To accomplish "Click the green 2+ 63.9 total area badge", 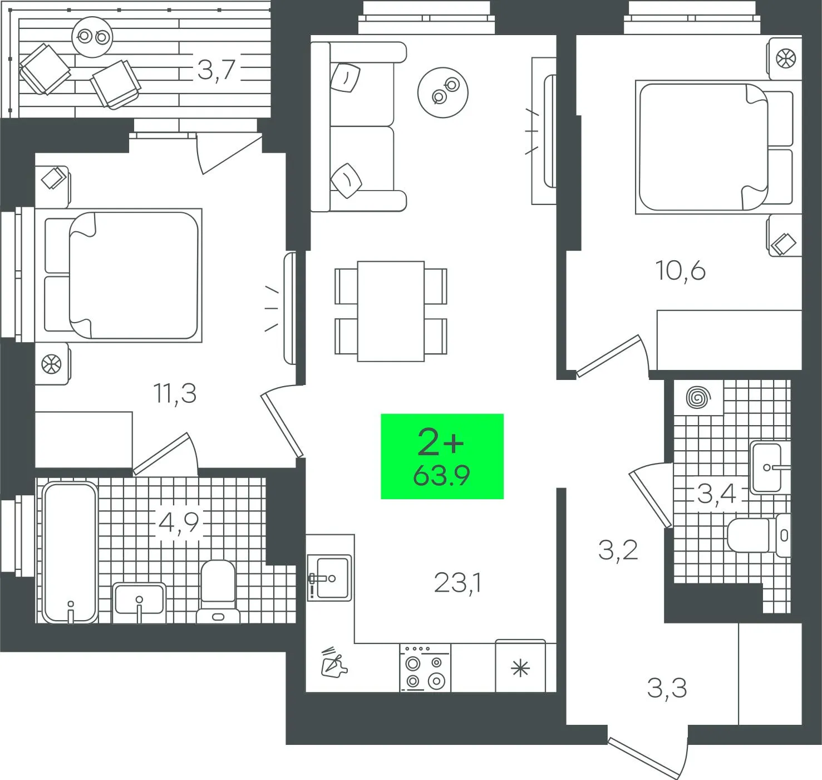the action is pos(442,456).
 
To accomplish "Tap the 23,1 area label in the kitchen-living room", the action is pos(458,583).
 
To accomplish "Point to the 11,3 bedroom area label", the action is pos(175,393).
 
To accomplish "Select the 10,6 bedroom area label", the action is pos(680,270).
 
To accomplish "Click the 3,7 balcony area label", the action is pos(216,70).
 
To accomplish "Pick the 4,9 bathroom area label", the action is pos(179,523).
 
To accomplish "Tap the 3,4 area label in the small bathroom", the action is pos(717,494).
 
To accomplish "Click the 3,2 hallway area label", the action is pos(618,550).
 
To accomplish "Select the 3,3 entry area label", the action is pos(667,688).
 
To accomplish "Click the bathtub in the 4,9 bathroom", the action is pos(70,552).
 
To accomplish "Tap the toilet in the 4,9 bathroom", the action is pos(218,592).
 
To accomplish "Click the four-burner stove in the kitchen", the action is pos(425,667).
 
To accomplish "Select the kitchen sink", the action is pos(329,578).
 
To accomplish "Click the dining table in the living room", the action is pos(391,311).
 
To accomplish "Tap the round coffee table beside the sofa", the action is pos(443,92).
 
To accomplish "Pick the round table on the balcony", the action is pos(92,36).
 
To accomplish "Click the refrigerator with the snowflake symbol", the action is pos(520,666).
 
